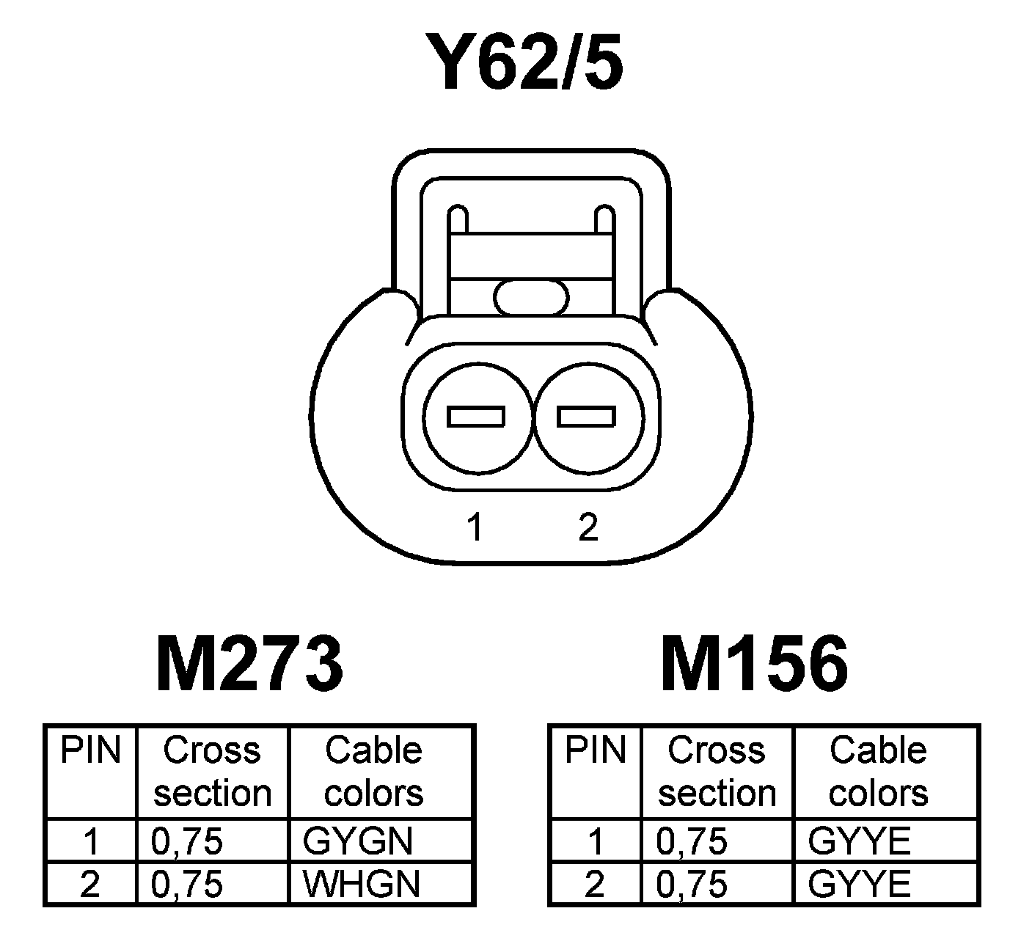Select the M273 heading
[x=249, y=664]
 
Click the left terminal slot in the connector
[x=476, y=417]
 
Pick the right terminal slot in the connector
[x=586, y=417]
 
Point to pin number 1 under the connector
[x=475, y=527]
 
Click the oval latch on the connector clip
[x=531, y=297]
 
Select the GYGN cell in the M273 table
[x=357, y=841]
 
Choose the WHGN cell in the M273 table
[x=361, y=884]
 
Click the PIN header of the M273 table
[x=90, y=751]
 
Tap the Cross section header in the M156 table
[x=717, y=772]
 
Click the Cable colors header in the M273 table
[x=374, y=772]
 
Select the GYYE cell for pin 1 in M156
[x=859, y=841]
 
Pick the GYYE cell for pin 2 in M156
[x=859, y=884]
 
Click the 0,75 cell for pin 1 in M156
[x=692, y=841]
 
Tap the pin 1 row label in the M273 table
[x=90, y=841]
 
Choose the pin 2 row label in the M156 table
[x=595, y=884]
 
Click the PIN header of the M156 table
[x=595, y=751]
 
